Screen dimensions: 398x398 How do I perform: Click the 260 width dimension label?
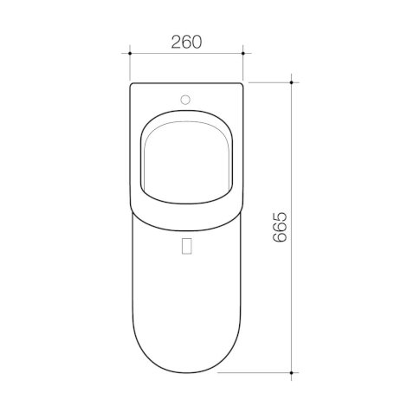coord(186,42)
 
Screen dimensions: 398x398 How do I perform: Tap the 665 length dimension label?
coord(280,227)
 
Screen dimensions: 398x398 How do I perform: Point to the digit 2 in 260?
coord(176,42)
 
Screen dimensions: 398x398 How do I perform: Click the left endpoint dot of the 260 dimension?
coord(130,53)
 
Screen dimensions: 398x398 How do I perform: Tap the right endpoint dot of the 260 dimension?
coord(243,53)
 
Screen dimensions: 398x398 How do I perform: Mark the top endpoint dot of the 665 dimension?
coord(291,83)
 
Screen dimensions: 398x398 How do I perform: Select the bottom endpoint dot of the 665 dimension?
coord(291,373)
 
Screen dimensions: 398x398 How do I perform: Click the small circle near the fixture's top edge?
coord(185,99)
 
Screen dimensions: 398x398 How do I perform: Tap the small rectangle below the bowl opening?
coord(187,246)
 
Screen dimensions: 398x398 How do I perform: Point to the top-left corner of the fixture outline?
coord(131,84)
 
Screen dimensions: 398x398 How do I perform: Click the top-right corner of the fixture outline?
coord(242,84)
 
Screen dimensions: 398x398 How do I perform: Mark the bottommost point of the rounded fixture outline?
coord(186,373)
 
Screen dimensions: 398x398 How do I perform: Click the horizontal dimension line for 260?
coord(155,53)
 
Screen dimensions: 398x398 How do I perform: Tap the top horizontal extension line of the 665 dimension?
coord(269,83)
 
